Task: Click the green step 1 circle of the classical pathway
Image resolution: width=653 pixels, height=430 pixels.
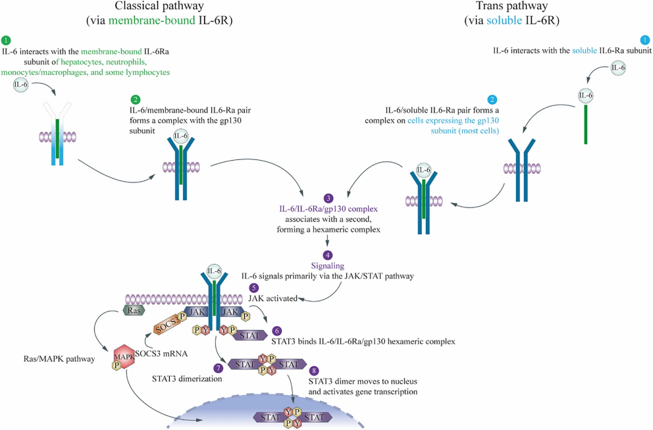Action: (x=7, y=40)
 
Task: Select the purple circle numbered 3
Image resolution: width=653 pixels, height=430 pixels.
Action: (x=328, y=198)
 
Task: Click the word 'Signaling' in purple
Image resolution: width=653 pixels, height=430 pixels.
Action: (x=328, y=265)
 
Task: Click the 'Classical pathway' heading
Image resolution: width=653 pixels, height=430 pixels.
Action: (x=159, y=7)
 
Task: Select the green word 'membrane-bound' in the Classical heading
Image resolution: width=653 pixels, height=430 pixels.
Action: (x=152, y=20)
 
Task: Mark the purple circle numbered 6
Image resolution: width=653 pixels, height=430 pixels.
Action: (x=276, y=331)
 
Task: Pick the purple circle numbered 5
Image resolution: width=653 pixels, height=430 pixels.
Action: (x=253, y=288)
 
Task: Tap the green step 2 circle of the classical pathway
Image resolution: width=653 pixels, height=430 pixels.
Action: (x=135, y=99)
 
